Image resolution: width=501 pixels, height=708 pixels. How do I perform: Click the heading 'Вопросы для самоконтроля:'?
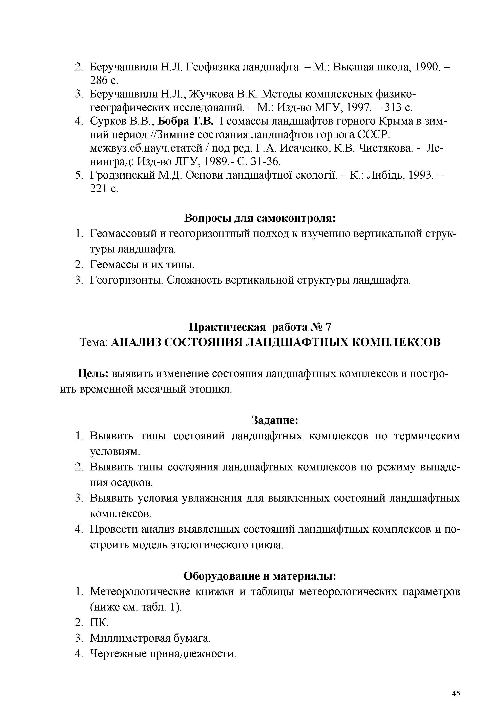coord(260,218)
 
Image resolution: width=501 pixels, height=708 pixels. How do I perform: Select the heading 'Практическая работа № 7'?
coord(260,327)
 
